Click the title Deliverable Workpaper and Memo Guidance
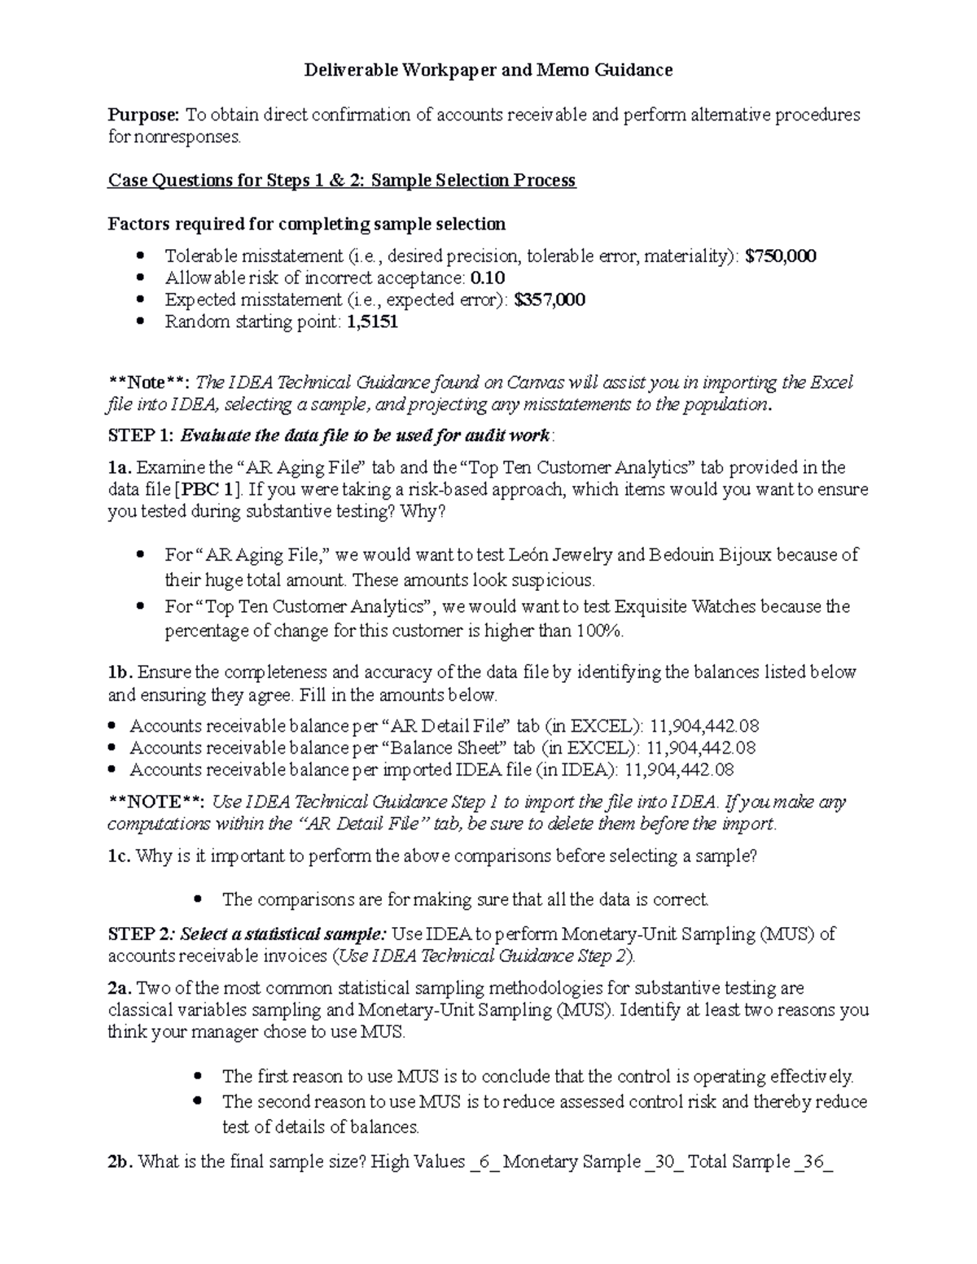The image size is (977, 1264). (x=488, y=70)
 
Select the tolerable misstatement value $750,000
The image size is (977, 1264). (x=781, y=256)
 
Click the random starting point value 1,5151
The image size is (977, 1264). (x=372, y=321)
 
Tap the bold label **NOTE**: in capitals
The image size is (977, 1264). (x=156, y=802)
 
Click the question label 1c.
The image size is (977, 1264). (x=119, y=856)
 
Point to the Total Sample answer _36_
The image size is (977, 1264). (x=814, y=1161)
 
